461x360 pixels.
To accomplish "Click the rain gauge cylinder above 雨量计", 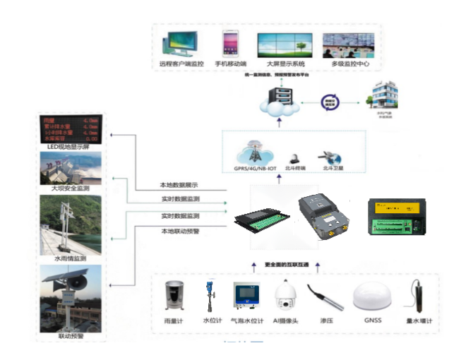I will [x=172, y=297].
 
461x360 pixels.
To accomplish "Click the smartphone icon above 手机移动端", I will [x=230, y=43].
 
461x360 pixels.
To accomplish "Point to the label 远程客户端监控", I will [x=181, y=64].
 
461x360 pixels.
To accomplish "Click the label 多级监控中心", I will [x=350, y=64].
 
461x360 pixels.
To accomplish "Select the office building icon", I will [x=384, y=94].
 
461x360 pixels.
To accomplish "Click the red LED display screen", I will [x=71, y=128].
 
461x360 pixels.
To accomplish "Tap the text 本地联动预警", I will [x=180, y=231].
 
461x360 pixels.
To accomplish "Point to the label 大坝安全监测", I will [x=71, y=189].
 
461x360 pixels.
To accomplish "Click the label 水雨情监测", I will [x=71, y=259].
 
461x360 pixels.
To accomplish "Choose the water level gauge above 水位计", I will [x=209, y=297].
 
